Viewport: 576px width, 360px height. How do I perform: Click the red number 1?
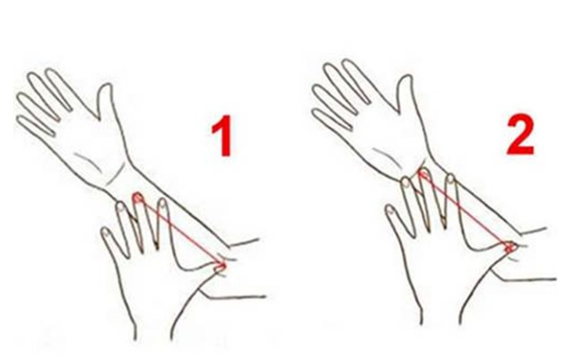(x=222, y=135)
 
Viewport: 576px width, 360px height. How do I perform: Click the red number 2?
(x=520, y=134)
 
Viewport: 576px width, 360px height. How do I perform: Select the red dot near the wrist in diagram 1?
(x=138, y=198)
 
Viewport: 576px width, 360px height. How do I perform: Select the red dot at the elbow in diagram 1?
(x=220, y=266)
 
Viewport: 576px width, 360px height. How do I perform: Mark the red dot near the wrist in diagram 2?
(x=423, y=174)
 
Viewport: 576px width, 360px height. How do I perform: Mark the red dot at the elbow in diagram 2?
(x=510, y=247)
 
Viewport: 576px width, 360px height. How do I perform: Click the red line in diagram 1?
(x=179, y=232)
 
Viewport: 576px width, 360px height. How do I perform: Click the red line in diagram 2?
(x=466, y=210)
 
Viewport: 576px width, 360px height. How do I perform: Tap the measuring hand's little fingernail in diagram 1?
(x=106, y=232)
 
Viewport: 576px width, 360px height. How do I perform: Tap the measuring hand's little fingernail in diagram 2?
(x=390, y=210)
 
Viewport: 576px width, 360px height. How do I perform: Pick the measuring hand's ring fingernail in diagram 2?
(x=405, y=183)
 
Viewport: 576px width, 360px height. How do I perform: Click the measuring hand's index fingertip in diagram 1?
(x=162, y=203)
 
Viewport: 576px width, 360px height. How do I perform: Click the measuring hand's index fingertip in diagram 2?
(x=450, y=180)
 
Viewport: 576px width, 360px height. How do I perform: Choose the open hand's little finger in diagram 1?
(x=36, y=126)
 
